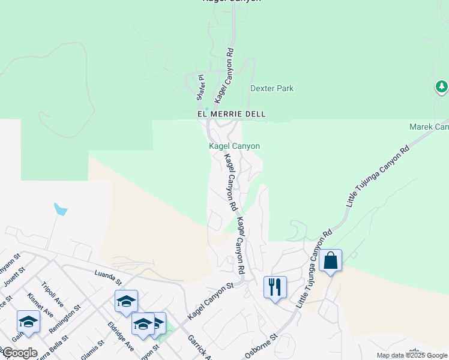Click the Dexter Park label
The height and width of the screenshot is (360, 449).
[x=271, y=88]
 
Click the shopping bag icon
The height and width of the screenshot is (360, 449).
[x=330, y=261]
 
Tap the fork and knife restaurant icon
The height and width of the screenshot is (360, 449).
[x=275, y=287]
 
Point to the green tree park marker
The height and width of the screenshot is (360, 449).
[x=442, y=88]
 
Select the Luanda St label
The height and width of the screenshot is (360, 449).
[x=108, y=277]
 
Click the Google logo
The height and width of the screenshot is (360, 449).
[x=19, y=353]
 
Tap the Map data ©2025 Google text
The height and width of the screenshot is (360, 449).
[x=412, y=355]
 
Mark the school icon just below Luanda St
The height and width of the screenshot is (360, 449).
[x=127, y=301]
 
